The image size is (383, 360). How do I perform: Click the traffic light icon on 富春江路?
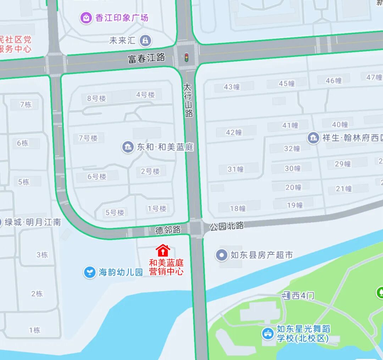(186, 57)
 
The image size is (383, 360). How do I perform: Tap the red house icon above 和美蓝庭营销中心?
(163, 251)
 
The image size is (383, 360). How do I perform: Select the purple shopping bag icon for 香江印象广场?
(86, 18)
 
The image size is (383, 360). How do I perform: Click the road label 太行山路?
(188, 100)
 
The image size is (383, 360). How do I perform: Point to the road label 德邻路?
(168, 230)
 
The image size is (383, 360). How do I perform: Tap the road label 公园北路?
(227, 226)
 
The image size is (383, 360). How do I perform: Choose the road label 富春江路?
(146, 58)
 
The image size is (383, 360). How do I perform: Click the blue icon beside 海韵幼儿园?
(90, 272)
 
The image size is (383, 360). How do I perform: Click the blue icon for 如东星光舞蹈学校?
(268, 333)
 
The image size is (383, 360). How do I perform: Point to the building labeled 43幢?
(232, 87)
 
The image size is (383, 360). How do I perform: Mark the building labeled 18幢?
(238, 208)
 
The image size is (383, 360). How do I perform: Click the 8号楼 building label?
(96, 99)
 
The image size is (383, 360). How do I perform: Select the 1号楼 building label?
(157, 209)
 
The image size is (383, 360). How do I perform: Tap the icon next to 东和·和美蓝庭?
(128, 147)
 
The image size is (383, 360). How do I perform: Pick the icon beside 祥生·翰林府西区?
(313, 137)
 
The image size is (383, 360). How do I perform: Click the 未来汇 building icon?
(145, 41)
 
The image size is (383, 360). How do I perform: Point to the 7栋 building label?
(26, 105)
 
